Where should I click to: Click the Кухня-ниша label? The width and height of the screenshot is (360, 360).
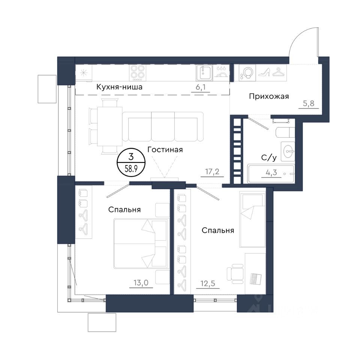point(119,87)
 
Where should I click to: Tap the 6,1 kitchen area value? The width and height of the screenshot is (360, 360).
point(201,87)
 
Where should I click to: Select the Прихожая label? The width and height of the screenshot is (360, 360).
point(269,96)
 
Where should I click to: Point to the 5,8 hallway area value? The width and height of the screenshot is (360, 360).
point(309,103)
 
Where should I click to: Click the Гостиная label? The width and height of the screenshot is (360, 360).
point(165,150)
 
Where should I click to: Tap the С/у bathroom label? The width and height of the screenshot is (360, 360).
point(269,158)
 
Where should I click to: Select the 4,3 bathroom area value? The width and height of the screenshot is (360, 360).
point(271,172)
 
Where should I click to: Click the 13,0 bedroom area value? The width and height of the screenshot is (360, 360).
point(141,283)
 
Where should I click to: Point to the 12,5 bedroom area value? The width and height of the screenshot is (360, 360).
point(208,283)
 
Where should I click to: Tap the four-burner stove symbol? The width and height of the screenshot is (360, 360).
point(138,72)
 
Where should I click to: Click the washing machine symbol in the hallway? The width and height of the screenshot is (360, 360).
point(247,72)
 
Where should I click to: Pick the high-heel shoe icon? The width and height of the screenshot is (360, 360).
point(264,72)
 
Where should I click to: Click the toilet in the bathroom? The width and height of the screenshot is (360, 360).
point(285,132)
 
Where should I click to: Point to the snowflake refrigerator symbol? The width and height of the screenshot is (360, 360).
point(84,72)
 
